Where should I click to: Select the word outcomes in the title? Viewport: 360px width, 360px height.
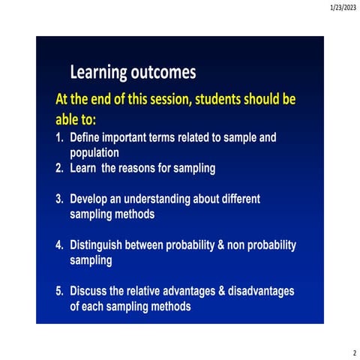coord(163,73)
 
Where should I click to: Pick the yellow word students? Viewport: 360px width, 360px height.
coord(230,100)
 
